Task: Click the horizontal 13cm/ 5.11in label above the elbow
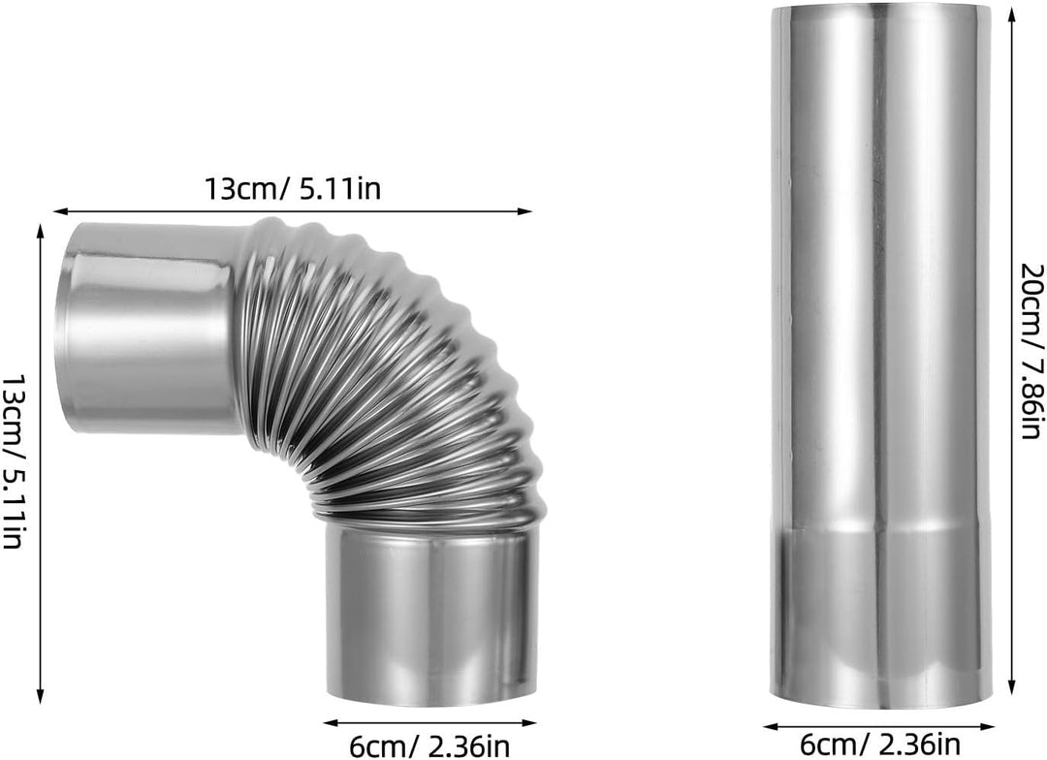pos(293,189)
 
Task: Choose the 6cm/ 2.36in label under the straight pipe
pos(880,743)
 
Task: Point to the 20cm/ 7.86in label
pos(1031,351)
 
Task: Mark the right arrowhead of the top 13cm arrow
pos(524,211)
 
